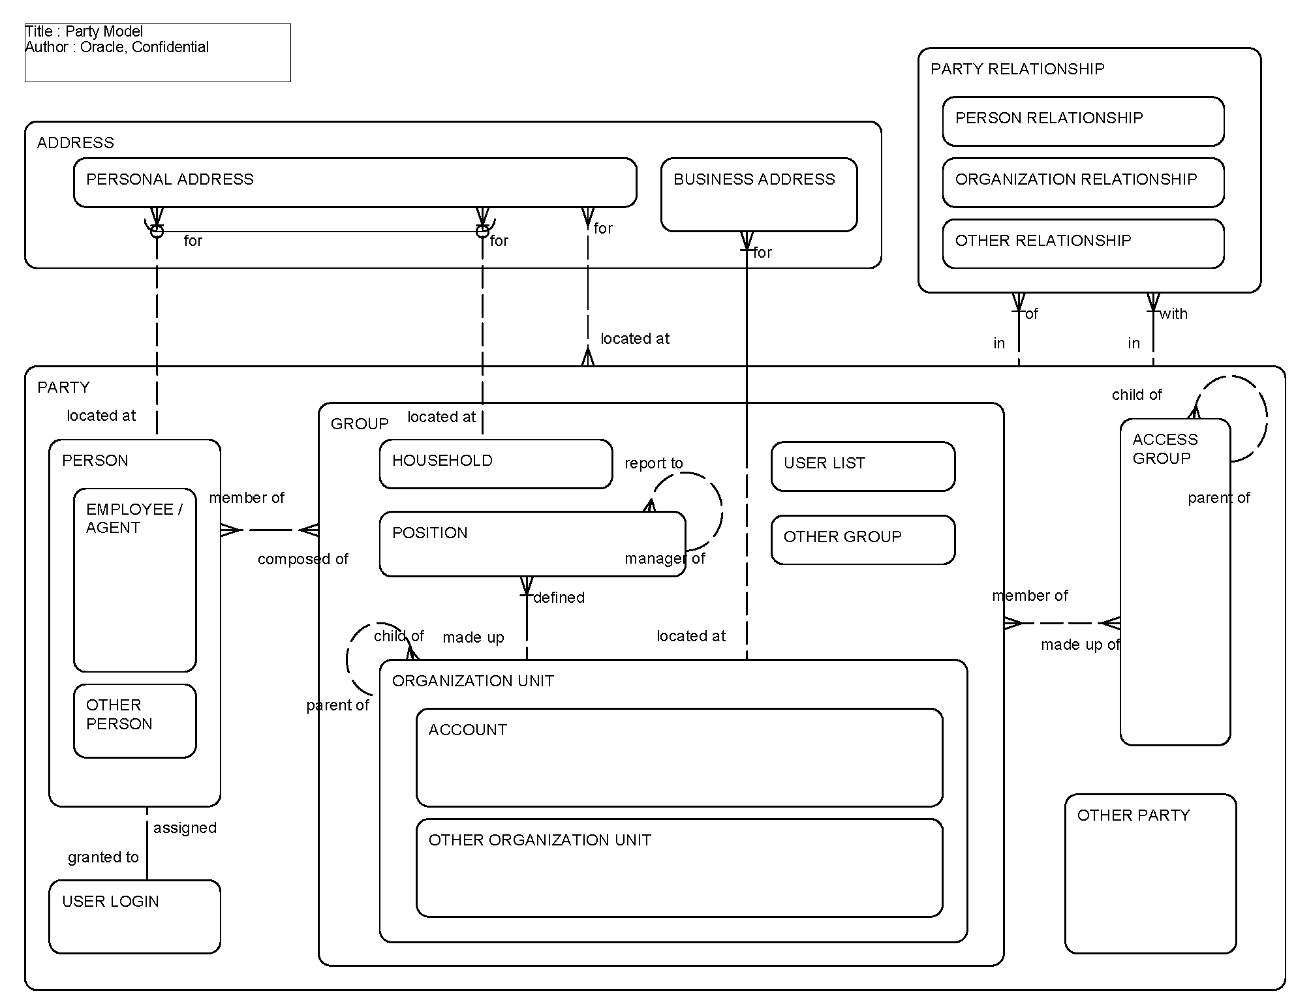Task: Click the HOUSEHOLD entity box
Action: pyautogui.click(x=495, y=464)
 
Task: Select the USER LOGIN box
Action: pyautogui.click(x=134, y=916)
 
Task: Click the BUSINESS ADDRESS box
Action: pyautogui.click(x=758, y=194)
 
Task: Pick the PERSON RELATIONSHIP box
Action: pyautogui.click(x=1083, y=121)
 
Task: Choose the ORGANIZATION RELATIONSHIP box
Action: pyautogui.click(x=1083, y=183)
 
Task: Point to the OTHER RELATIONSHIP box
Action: pyautogui.click(x=1083, y=244)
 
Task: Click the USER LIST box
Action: pyautogui.click(x=863, y=466)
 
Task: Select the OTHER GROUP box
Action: pyautogui.click(x=863, y=539)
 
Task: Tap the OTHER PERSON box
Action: pyautogui.click(x=134, y=720)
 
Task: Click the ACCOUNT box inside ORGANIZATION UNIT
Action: pyautogui.click(x=679, y=757)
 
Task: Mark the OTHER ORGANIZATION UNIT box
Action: pyautogui.click(x=679, y=868)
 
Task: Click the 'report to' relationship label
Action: pyautogui.click(x=653, y=463)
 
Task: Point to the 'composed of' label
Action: pyautogui.click(x=303, y=559)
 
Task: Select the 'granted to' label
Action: pyautogui.click(x=103, y=857)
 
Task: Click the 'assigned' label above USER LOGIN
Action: pyautogui.click(x=185, y=828)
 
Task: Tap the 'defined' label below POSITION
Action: pyautogui.click(x=559, y=598)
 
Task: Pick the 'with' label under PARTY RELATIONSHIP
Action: pyautogui.click(x=1173, y=314)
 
